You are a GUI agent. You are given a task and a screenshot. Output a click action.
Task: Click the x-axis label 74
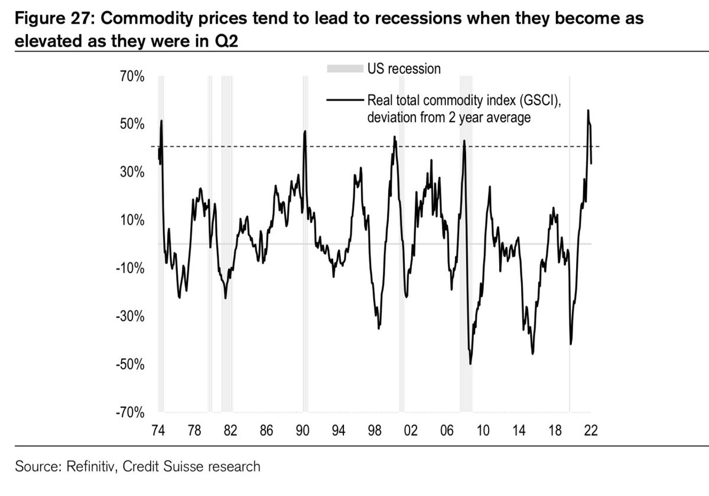158,430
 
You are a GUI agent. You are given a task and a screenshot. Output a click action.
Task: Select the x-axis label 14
519,430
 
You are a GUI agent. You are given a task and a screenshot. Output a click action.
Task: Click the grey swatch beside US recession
344,69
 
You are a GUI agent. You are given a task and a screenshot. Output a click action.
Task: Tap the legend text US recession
404,69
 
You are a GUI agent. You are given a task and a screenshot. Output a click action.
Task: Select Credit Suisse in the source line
174,466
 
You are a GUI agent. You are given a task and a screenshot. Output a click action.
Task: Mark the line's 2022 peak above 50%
587,111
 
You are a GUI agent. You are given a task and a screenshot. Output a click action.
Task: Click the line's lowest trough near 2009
470,364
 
